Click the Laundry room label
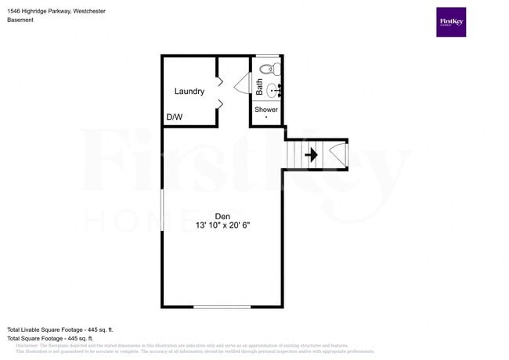click(190, 92)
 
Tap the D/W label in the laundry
click(174, 117)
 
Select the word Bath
click(259, 87)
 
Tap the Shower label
click(266, 110)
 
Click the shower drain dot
click(266, 117)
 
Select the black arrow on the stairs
click(311, 155)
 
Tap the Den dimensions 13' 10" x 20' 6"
click(223, 225)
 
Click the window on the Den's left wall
click(162, 212)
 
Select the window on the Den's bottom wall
click(222, 306)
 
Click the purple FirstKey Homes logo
click(451, 22)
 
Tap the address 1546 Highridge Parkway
click(40, 11)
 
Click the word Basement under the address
click(21, 20)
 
